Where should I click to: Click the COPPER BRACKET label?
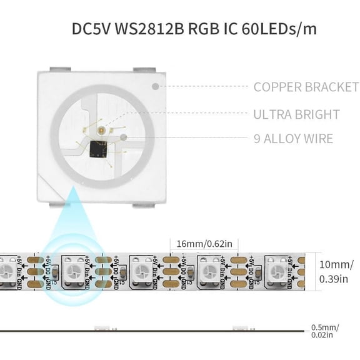coord(306,87)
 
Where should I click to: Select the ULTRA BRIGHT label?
coord(296,114)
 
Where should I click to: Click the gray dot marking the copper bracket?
coord(156,87)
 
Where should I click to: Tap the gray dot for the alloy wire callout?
coord(124,138)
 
